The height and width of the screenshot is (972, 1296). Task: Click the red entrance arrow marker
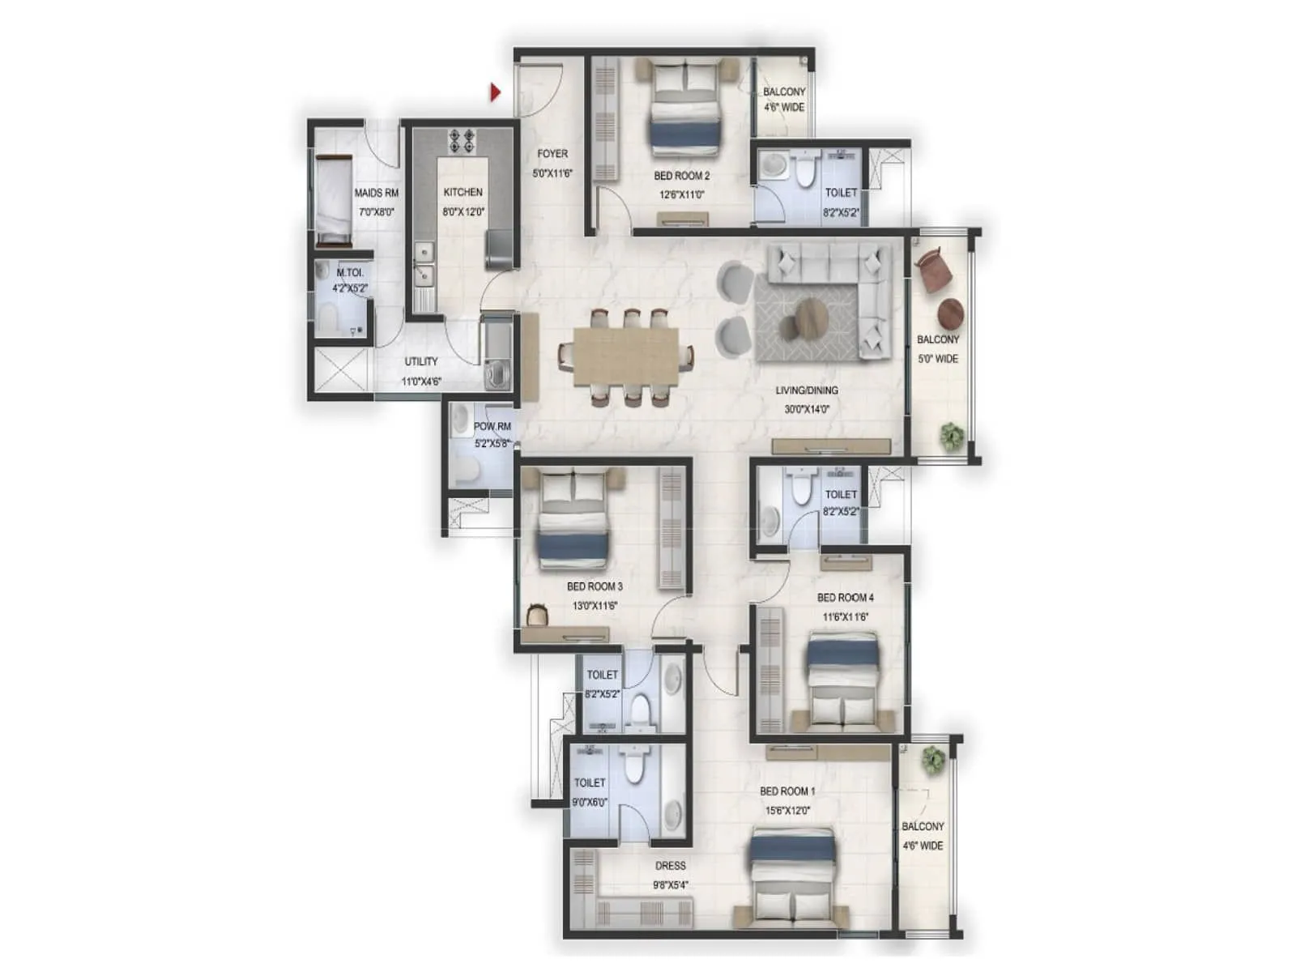(x=495, y=92)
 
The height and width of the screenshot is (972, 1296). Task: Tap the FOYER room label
(x=552, y=153)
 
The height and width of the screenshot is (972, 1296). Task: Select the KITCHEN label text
(x=463, y=192)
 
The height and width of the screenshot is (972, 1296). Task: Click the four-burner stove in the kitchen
(x=462, y=141)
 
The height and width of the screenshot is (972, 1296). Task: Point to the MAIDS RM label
(x=376, y=193)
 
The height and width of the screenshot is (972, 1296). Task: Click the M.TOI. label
(x=350, y=273)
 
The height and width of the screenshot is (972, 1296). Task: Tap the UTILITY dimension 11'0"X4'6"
(x=421, y=382)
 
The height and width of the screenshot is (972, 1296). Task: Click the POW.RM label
(x=492, y=426)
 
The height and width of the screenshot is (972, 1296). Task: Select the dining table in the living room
(x=626, y=356)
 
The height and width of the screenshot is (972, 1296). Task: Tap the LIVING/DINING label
(x=807, y=390)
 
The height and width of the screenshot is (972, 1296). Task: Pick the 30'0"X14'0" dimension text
(x=807, y=409)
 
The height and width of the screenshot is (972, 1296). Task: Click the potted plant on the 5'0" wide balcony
(x=951, y=437)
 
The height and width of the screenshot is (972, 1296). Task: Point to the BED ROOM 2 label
(x=681, y=175)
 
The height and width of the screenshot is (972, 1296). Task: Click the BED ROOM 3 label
(x=595, y=586)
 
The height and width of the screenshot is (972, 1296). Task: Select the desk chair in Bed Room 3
(x=537, y=615)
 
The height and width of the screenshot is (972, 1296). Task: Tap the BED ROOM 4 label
(x=846, y=597)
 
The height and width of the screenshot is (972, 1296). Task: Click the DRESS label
(x=670, y=866)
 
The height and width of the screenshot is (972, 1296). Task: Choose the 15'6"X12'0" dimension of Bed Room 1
(x=787, y=810)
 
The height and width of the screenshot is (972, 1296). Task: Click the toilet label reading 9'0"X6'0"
(x=589, y=802)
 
